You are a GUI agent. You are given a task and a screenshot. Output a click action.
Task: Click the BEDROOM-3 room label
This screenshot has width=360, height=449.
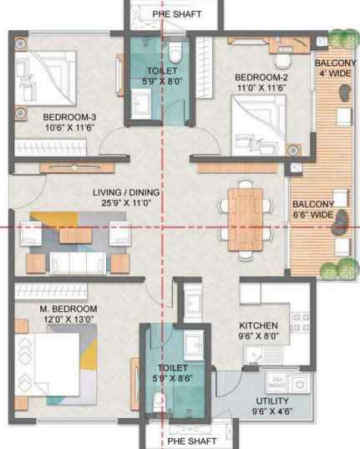[x=69, y=117]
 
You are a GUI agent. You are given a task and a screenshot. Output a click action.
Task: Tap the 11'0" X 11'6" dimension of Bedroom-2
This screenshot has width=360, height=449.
[x=261, y=88]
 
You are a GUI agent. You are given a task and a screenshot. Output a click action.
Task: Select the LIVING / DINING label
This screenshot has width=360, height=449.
[x=126, y=192]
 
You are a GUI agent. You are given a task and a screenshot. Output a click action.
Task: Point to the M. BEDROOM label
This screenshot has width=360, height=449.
[x=68, y=309]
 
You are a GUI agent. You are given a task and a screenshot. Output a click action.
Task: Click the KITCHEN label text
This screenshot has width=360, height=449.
[x=258, y=325]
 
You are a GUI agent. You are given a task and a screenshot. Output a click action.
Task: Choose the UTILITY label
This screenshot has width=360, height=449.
[x=272, y=401]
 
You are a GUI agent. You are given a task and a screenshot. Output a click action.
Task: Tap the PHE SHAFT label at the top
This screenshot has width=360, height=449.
[x=177, y=14]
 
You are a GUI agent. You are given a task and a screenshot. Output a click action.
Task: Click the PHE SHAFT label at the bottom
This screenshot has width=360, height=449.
[x=192, y=441]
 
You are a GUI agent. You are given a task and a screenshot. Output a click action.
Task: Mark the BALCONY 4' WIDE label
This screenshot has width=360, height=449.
[x=336, y=69]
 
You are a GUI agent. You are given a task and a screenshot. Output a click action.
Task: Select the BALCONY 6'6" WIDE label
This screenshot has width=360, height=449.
[x=313, y=209]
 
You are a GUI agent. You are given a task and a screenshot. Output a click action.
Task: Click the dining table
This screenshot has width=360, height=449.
[x=246, y=220]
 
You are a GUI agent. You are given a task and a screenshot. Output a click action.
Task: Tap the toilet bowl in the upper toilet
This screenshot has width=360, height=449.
[x=175, y=53]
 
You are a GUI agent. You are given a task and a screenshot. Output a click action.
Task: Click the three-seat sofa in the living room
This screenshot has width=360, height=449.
[x=78, y=263]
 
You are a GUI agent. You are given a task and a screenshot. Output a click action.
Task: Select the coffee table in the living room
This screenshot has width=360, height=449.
[x=75, y=236]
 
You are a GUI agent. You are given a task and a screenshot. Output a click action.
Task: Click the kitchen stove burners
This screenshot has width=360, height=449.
[x=301, y=322]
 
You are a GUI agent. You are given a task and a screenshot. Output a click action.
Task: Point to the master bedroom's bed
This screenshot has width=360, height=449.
[x=48, y=365]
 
